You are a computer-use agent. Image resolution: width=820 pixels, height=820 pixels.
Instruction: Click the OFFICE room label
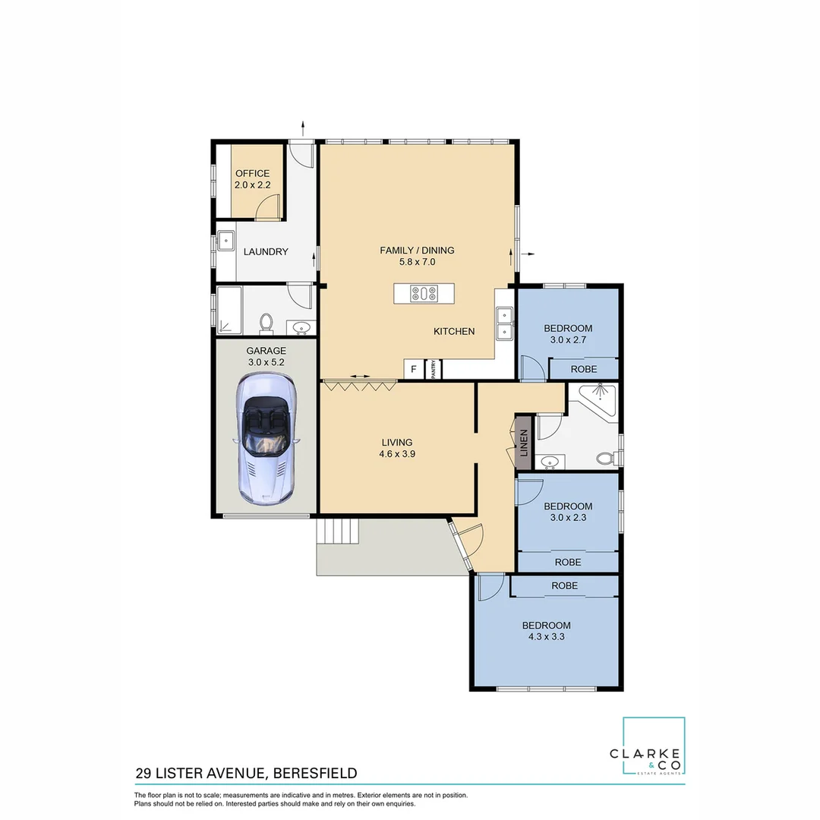click(252, 173)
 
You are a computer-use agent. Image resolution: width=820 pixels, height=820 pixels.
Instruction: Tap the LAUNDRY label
click(266, 251)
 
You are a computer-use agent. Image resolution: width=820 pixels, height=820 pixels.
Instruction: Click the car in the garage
click(266, 438)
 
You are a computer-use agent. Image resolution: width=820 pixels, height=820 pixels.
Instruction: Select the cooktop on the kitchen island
click(424, 293)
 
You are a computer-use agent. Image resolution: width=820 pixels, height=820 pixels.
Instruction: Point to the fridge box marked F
click(414, 369)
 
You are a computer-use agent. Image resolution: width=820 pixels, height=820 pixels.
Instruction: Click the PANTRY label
click(434, 369)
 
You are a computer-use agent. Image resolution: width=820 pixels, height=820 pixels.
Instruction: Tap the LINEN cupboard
click(524, 443)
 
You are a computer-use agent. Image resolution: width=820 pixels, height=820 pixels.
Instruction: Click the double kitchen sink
click(504, 323)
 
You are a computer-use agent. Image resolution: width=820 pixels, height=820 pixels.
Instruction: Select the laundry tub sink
click(226, 241)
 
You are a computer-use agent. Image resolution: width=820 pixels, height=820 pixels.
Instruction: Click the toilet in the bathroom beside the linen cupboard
click(606, 459)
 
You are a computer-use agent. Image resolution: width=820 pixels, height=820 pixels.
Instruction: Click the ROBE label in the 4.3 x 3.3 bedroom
click(564, 585)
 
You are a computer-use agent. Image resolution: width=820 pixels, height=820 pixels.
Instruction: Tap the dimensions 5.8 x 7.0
click(417, 262)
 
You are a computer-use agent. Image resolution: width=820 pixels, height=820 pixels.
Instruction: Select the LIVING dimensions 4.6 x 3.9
click(397, 454)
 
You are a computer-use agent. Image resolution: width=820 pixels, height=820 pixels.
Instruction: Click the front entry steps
click(337, 531)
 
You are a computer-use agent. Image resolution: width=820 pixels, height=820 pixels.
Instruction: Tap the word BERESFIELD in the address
click(315, 773)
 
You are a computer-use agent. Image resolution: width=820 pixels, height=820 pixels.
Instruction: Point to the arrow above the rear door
click(303, 128)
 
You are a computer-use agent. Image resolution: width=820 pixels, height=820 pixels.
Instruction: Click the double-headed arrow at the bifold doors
click(360, 376)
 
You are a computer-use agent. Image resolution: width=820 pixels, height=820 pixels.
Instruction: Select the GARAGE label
click(266, 351)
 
